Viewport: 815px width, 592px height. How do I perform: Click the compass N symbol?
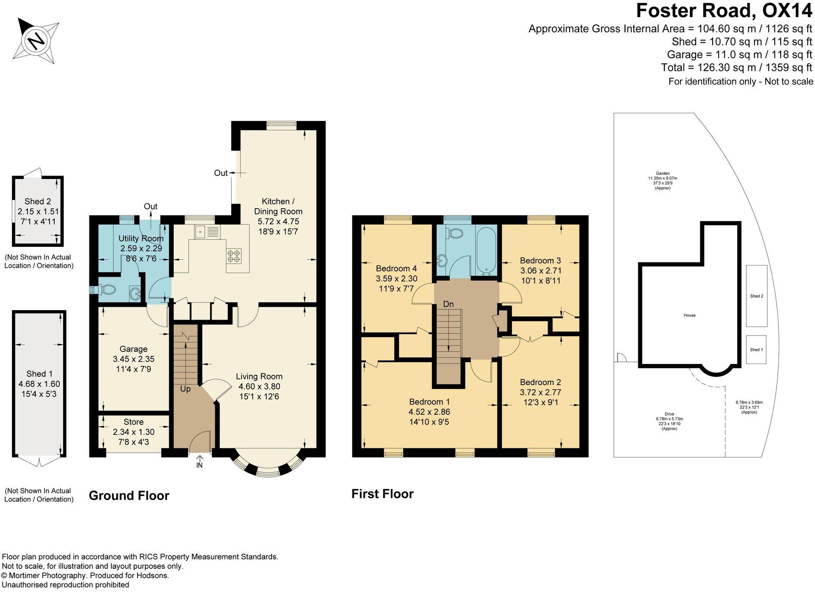tap(37, 41)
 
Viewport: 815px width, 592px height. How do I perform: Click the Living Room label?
tap(259, 376)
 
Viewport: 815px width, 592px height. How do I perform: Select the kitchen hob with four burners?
tap(234, 256)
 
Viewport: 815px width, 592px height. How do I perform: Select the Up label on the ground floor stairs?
tap(185, 389)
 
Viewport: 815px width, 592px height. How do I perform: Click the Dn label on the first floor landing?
tap(448, 304)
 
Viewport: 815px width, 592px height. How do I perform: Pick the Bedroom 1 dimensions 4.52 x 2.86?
tap(429, 412)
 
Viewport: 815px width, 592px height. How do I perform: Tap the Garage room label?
tap(133, 349)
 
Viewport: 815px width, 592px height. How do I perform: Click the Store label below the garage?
tap(133, 422)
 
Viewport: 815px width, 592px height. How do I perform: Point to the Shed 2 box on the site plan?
tap(757, 296)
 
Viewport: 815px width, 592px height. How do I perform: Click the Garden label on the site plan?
tap(662, 173)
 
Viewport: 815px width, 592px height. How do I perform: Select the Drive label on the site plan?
tap(669, 414)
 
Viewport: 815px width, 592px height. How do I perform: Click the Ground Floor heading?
tap(129, 496)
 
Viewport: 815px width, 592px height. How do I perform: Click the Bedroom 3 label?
tap(540, 260)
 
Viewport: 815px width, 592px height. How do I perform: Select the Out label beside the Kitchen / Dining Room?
tap(221, 173)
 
